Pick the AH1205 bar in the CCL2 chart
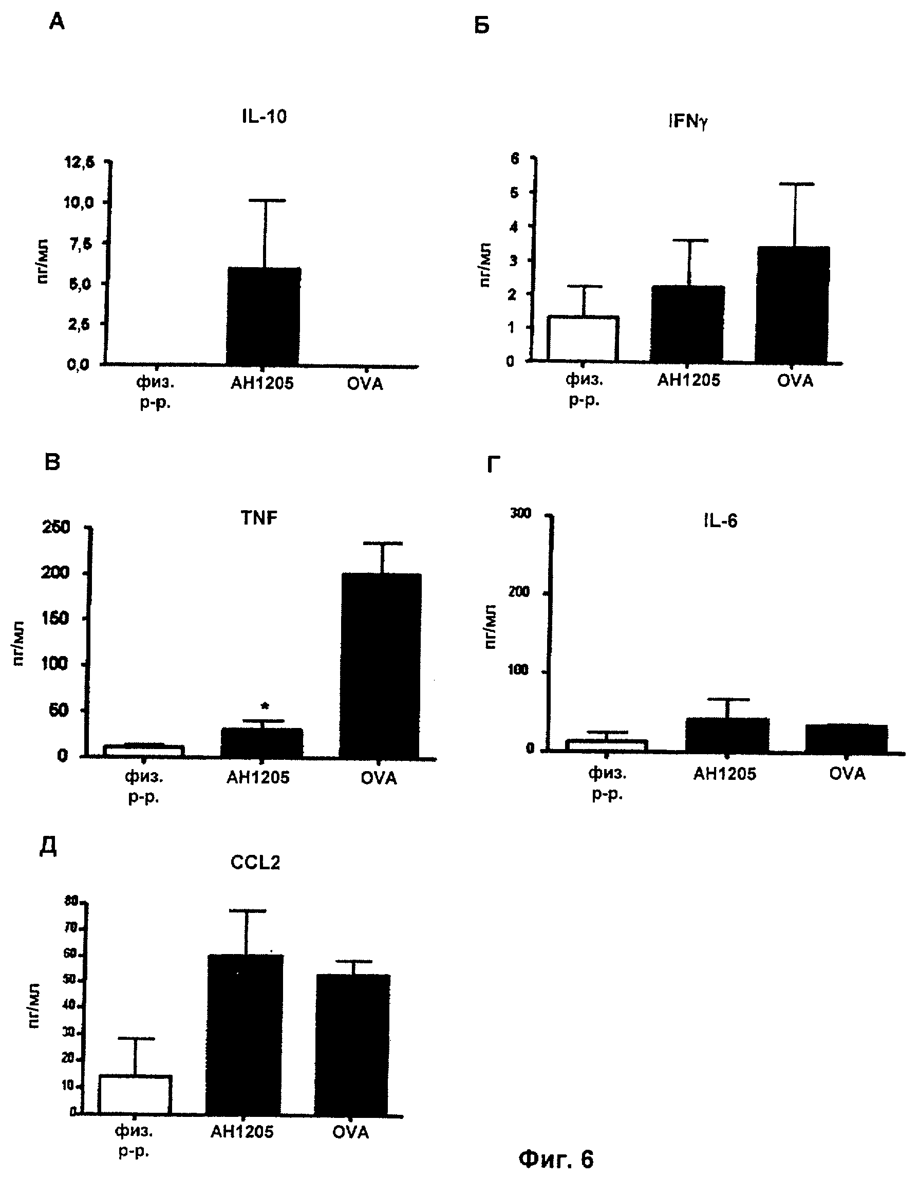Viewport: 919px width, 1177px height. coord(245,1034)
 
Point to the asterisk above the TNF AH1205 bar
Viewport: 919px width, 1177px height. coord(264,706)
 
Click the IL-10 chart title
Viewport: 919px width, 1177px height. coord(264,117)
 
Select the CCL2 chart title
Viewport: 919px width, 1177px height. coord(255,863)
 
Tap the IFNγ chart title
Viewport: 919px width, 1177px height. coord(688,122)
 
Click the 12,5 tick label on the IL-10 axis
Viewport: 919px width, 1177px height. coord(79,162)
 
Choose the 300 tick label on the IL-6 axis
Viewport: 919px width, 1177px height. coord(521,513)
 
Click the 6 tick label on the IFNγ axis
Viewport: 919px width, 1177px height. coord(515,158)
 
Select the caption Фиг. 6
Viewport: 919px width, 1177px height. coord(556,1158)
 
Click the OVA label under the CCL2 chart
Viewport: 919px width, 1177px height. coord(350,1132)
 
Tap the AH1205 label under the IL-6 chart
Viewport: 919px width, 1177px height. coord(724,774)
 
